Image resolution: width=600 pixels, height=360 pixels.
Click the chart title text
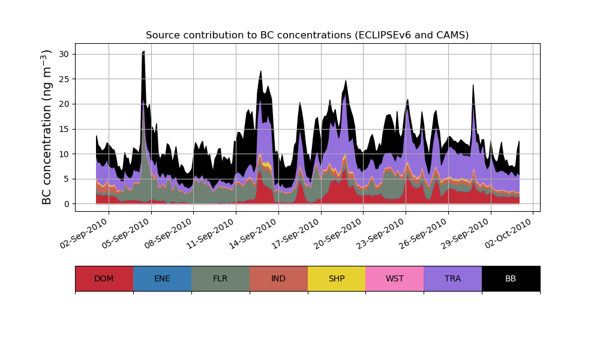click(307, 35)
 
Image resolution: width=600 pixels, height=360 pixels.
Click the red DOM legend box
click(104, 278)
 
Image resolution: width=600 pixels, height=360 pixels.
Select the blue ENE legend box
click(162, 278)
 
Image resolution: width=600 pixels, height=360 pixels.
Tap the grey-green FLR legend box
click(220, 278)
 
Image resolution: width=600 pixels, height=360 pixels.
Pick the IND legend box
click(278, 278)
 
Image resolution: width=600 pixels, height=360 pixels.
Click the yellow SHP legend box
click(337, 278)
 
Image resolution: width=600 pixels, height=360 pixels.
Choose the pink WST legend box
click(395, 278)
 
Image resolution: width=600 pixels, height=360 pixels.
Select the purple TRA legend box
click(453, 278)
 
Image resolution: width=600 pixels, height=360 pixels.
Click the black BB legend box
click(511, 278)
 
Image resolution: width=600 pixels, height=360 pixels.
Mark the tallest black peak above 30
click(143, 52)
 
